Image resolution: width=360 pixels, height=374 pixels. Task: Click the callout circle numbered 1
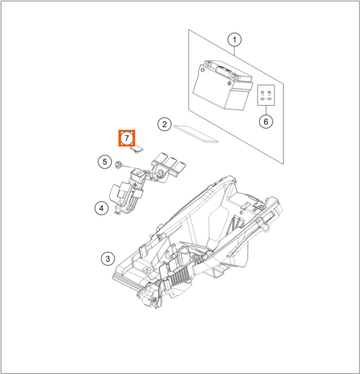click(x=234, y=39)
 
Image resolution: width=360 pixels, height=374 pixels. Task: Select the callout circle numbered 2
click(x=165, y=124)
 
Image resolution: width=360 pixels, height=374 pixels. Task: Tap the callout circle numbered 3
click(x=108, y=258)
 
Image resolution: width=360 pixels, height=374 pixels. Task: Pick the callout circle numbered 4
click(x=102, y=208)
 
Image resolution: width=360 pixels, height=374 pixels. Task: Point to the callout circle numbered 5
click(x=105, y=162)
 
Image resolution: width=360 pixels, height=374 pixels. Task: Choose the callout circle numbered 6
click(x=266, y=122)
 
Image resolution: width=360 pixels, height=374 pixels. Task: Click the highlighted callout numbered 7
click(x=127, y=138)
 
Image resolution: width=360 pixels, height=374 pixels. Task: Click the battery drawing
click(x=222, y=85)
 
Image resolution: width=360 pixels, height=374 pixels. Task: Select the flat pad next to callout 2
click(x=196, y=134)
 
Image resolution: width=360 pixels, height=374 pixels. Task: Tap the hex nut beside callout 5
click(x=118, y=165)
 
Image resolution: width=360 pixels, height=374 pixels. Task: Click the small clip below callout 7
click(x=137, y=150)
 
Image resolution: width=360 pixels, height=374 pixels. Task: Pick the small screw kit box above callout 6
click(x=266, y=95)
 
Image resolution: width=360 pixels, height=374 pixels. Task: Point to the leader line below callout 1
click(x=234, y=52)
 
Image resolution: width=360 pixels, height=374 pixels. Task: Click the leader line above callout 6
click(x=266, y=110)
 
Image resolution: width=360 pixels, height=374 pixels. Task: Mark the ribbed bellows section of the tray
click(x=182, y=276)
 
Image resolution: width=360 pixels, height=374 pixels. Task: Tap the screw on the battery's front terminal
click(x=229, y=84)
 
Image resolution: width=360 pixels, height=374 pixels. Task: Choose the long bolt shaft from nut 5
click(x=140, y=169)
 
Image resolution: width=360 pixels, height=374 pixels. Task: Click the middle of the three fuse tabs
click(x=170, y=163)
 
